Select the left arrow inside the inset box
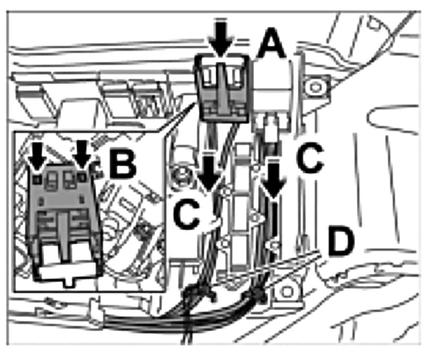[x=37, y=155]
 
